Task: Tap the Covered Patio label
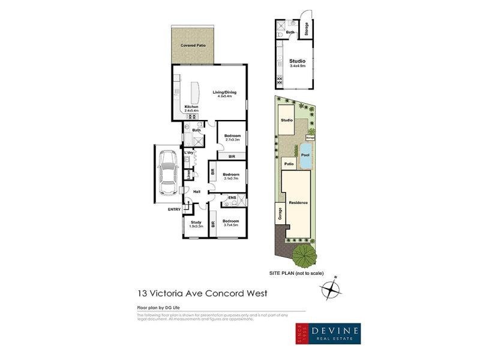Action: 193,46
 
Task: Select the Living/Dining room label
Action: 225,94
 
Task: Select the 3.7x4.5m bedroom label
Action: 231,223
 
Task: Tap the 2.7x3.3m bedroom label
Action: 232,138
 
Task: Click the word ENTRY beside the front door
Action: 174,209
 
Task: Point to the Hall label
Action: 196,191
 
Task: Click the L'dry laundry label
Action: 188,153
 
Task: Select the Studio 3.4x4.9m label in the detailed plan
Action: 298,63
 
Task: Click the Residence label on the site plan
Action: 298,202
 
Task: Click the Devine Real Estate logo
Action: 327,334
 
